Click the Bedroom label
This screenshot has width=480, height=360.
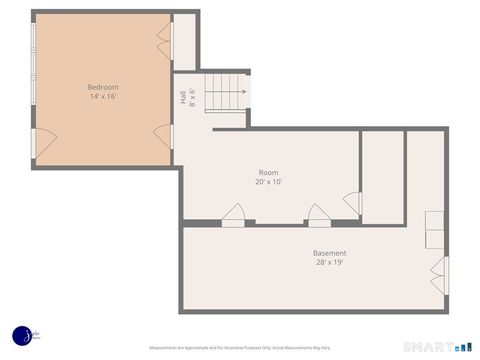(103, 87)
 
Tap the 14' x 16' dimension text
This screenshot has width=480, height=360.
(103, 98)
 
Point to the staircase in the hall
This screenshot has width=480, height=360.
(224, 91)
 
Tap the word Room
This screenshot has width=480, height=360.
(269, 172)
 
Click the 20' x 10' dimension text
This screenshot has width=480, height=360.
(269, 183)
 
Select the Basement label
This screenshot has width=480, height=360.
(329, 253)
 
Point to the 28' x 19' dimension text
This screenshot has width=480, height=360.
(329, 264)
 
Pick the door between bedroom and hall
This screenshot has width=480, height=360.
(163, 136)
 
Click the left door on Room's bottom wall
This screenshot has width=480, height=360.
(233, 214)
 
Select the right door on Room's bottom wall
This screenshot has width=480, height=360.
(318, 214)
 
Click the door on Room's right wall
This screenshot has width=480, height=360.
(352, 202)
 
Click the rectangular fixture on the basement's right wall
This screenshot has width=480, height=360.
(435, 230)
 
